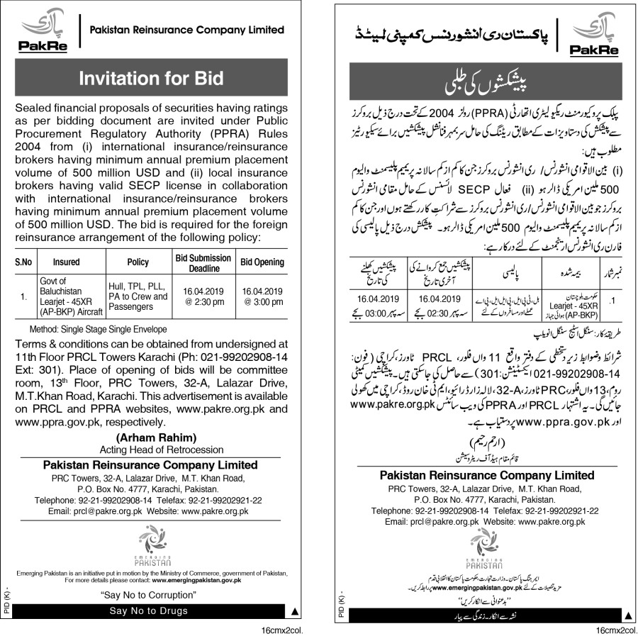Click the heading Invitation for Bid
coord(150,78)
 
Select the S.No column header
coord(24,262)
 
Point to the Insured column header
coord(66,262)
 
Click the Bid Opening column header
coord(262,262)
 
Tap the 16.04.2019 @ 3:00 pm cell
coord(262,296)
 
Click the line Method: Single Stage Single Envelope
coord(98,330)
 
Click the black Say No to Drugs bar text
coord(148,610)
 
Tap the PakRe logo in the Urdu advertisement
coord(593,34)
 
